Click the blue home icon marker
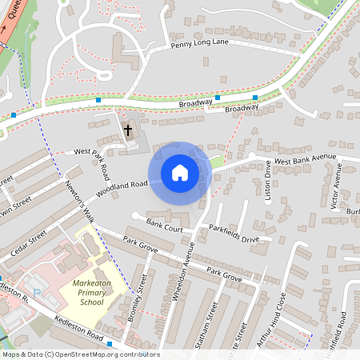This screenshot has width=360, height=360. pyautogui.click(x=180, y=173)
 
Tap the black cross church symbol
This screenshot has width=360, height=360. pyautogui.click(x=127, y=130)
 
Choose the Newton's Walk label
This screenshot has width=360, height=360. pyautogui.click(x=80, y=200)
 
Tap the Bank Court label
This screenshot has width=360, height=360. pyautogui.click(x=166, y=227)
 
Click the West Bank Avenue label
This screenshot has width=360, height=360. pyautogui.click(x=306, y=160)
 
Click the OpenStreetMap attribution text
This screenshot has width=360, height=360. pyautogui.click(x=80, y=354)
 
